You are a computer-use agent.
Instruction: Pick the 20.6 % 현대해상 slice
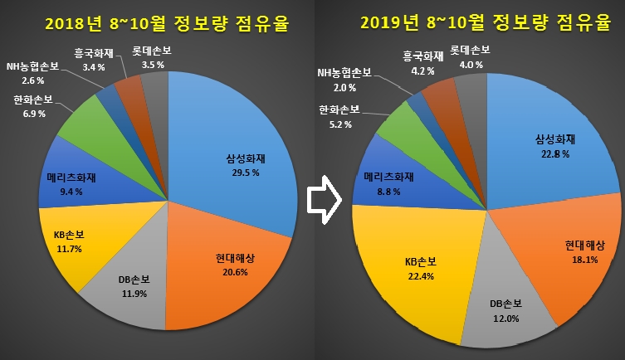[224, 265]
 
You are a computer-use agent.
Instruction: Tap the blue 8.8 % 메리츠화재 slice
[386, 182]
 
